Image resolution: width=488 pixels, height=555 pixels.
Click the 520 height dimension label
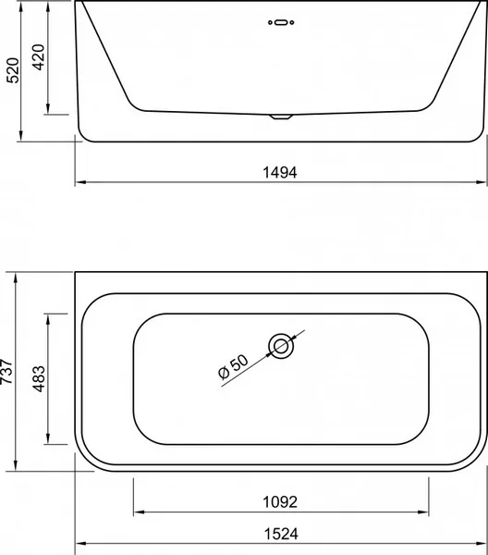point(14,70)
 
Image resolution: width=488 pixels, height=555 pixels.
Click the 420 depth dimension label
point(38,57)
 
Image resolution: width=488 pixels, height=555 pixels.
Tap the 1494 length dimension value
point(280,172)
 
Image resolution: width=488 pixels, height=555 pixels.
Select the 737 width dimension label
point(6,371)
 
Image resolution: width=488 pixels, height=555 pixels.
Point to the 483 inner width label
point(39,378)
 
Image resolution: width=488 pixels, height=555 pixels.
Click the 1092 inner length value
point(280,502)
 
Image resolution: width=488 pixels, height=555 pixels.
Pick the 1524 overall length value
point(281,534)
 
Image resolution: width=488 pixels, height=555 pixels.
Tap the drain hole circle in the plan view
point(281,346)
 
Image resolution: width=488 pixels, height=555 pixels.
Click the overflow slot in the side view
point(281,22)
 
